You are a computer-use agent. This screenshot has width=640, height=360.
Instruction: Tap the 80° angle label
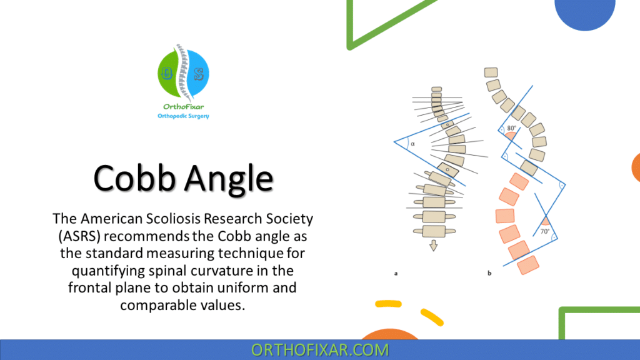click(512, 129)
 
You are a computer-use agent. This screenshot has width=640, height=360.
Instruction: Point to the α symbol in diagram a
click(413, 143)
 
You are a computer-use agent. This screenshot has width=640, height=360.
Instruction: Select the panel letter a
click(396, 273)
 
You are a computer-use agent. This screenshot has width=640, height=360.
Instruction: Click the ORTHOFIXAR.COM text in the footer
click(320, 349)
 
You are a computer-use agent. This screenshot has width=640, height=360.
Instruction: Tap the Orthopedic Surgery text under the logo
click(184, 116)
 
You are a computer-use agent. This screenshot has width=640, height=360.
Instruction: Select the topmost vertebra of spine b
click(491, 72)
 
